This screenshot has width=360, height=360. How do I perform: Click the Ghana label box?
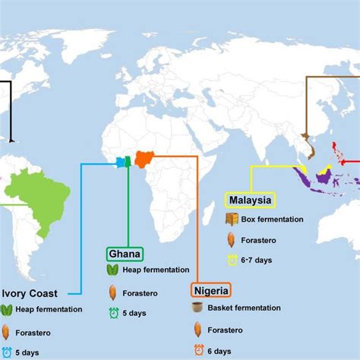pos(125,254)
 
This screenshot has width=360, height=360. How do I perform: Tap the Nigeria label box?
pos(210,289)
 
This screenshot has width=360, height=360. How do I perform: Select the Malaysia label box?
pos(249,201)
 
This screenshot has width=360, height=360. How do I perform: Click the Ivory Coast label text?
pos(30,292)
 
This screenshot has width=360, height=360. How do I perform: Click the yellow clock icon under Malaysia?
pos(232,260)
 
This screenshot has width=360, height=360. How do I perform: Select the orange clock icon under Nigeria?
pos(198,350)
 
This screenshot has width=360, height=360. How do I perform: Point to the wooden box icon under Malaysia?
pos(232,219)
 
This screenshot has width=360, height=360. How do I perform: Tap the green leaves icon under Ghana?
pos(112,270)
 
